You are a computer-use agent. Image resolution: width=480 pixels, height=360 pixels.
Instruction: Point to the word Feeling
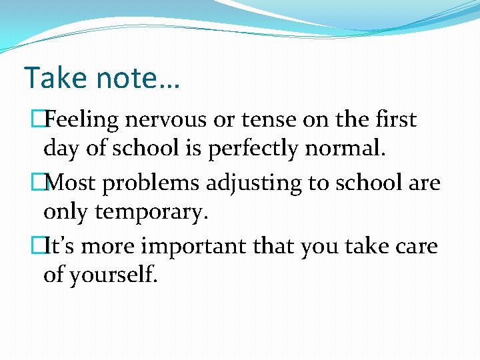coord(83,120)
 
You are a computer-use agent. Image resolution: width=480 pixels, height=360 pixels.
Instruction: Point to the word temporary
coord(153,211)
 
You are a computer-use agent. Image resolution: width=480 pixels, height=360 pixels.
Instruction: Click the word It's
coord(63,247)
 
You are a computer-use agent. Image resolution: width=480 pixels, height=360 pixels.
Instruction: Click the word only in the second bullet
coord(66,211)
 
